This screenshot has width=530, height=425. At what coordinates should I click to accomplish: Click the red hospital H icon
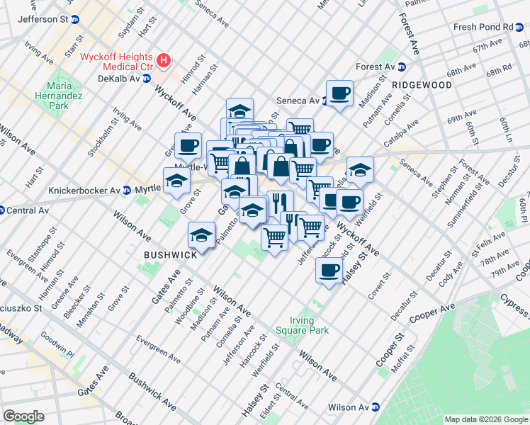164,61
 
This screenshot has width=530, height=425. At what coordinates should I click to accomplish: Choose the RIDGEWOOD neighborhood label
422,84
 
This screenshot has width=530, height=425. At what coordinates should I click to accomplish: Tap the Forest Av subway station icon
401,67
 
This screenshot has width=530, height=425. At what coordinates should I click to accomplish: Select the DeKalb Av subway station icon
147,78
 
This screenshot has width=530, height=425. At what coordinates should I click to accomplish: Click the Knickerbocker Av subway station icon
126,190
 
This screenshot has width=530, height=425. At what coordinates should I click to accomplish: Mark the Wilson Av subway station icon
376,407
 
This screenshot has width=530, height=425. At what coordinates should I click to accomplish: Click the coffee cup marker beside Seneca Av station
339,93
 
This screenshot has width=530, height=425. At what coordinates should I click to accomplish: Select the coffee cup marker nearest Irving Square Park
328,271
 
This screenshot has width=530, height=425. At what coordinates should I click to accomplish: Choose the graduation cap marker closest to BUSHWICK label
201,234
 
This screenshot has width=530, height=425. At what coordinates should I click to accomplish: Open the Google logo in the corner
23,416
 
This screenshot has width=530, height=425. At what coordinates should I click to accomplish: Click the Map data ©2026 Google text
486,419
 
